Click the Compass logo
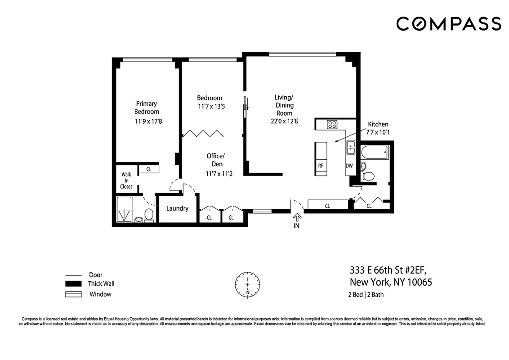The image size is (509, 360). pyautogui.click(x=448, y=23)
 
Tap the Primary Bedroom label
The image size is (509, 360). pyautogui.click(x=147, y=108)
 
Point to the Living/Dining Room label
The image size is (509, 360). pyautogui.click(x=284, y=105)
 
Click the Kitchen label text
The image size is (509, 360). pyautogui.click(x=378, y=124)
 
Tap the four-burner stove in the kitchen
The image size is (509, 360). pyautogui.click(x=332, y=125)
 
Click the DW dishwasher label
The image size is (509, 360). pyautogui.click(x=349, y=166)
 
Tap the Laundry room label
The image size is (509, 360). pyautogui.click(x=177, y=208)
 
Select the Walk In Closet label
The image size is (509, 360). pyautogui.click(x=126, y=180)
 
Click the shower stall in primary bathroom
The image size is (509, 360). pyautogui.click(x=124, y=210)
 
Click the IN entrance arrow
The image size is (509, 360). pyautogui.click(x=296, y=218)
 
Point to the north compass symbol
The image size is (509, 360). pyautogui.click(x=247, y=284)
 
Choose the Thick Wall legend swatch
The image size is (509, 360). pyautogui.click(x=73, y=284)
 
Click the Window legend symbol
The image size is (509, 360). pyautogui.click(x=73, y=294)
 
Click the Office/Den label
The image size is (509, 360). pyautogui.click(x=215, y=160)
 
